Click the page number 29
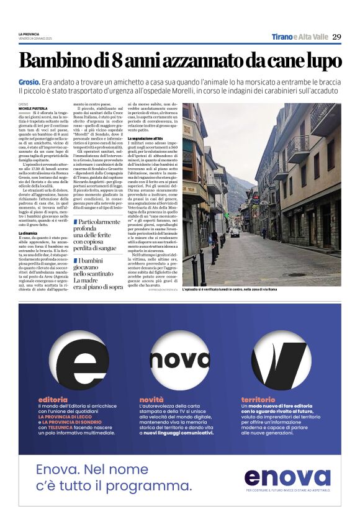tap(336, 37)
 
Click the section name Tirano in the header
tap(282, 37)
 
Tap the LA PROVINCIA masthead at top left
tap(29, 34)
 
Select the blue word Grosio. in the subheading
tap(30, 82)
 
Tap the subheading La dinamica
tap(30, 233)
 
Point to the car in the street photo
tap(235, 233)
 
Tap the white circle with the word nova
tap(180, 358)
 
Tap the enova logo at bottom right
tap(287, 476)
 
